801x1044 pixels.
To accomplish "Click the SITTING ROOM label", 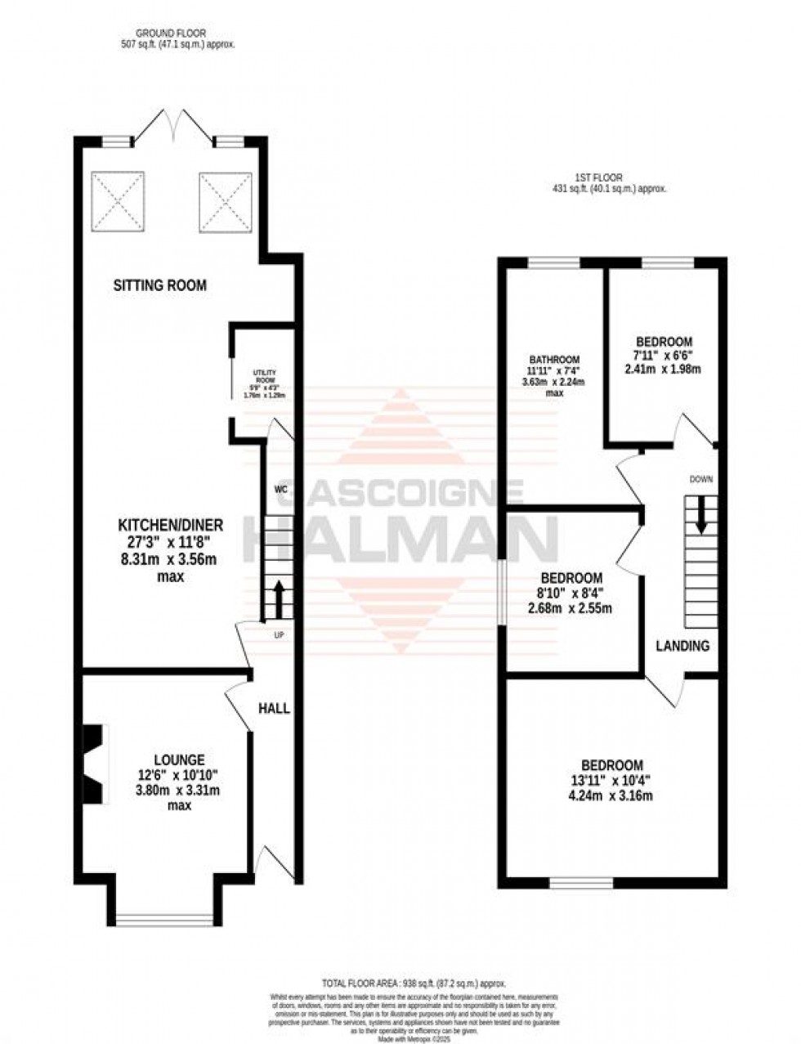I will (159, 285).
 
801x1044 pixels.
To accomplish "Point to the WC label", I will (281, 490).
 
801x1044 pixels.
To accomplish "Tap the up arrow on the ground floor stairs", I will (279, 600).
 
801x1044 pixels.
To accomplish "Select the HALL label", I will (274, 708).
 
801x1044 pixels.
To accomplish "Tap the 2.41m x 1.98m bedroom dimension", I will (664, 369).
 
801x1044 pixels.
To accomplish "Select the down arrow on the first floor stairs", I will (700, 515).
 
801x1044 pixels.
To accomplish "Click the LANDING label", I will (682, 646).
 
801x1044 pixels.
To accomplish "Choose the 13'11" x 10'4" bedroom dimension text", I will (611, 781).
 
